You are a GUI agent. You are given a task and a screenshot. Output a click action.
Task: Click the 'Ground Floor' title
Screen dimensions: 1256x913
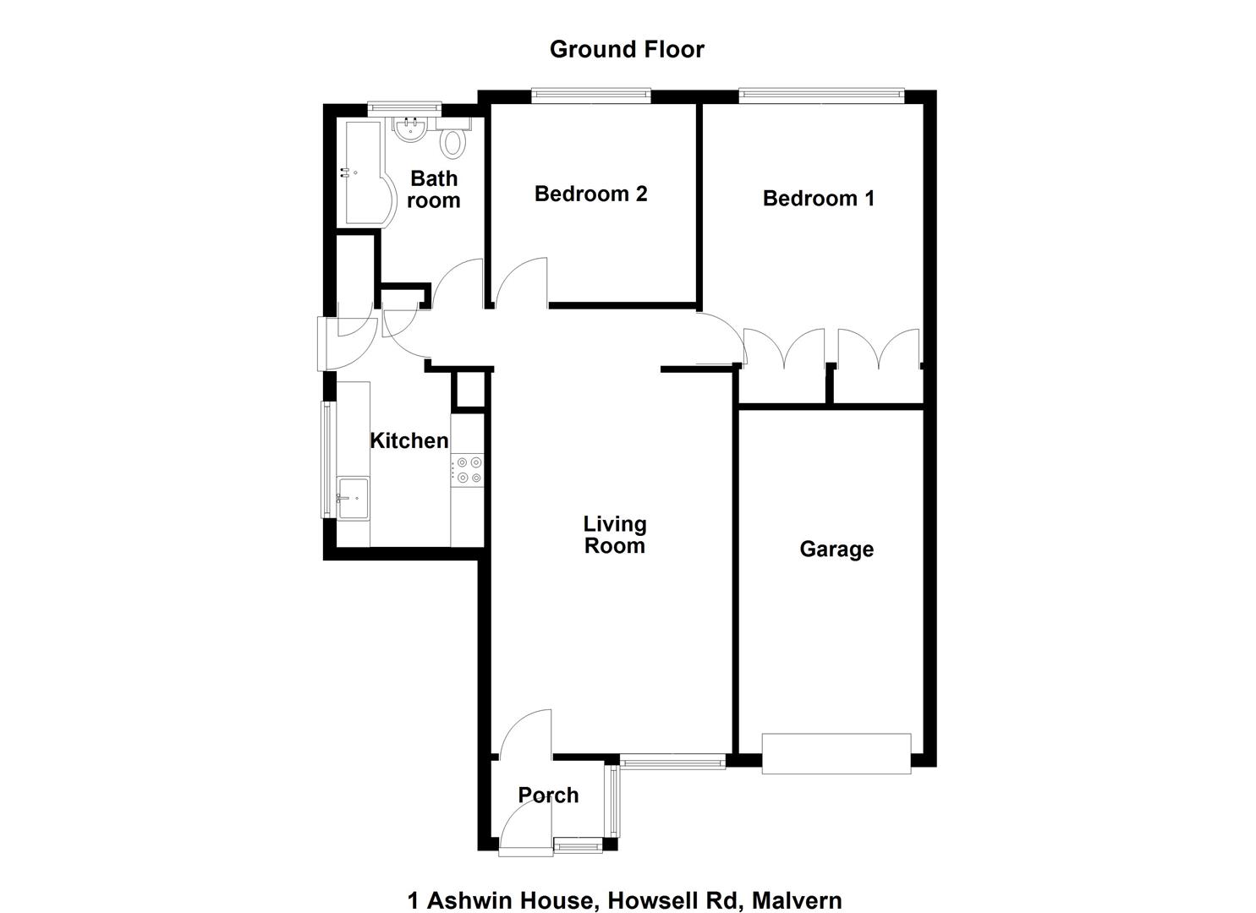click(627, 49)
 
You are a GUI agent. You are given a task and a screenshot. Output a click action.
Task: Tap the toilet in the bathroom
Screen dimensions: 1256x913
click(452, 138)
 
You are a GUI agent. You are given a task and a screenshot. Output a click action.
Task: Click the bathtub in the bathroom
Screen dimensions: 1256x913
click(365, 173)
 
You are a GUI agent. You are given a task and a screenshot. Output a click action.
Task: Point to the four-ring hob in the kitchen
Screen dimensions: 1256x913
click(467, 470)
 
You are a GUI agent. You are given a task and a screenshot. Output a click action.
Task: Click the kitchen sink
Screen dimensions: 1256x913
click(353, 499)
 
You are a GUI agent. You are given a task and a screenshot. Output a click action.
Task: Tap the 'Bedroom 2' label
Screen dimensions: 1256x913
click(591, 194)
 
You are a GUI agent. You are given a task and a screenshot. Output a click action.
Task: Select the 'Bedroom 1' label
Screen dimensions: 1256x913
click(819, 199)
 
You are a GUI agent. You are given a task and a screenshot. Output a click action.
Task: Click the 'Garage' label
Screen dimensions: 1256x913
click(836, 549)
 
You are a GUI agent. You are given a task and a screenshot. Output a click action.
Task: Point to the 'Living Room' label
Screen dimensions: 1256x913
click(615, 535)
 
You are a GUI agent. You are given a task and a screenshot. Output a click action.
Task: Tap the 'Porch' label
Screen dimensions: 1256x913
click(548, 795)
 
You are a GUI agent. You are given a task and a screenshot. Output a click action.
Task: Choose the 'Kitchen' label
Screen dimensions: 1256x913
click(409, 441)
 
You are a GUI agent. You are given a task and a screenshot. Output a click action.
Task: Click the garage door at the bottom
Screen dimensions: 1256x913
click(836, 754)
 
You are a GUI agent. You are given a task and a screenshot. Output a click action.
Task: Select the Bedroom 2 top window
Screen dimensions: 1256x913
click(591, 96)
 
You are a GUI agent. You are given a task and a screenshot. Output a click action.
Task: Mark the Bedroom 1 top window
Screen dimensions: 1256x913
click(821, 96)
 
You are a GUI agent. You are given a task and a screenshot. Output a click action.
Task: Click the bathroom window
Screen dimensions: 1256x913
click(404, 109)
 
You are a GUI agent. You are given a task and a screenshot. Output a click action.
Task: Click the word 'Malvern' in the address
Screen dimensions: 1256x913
click(797, 886)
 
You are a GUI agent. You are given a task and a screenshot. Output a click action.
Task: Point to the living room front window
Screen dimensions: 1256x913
click(673, 762)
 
